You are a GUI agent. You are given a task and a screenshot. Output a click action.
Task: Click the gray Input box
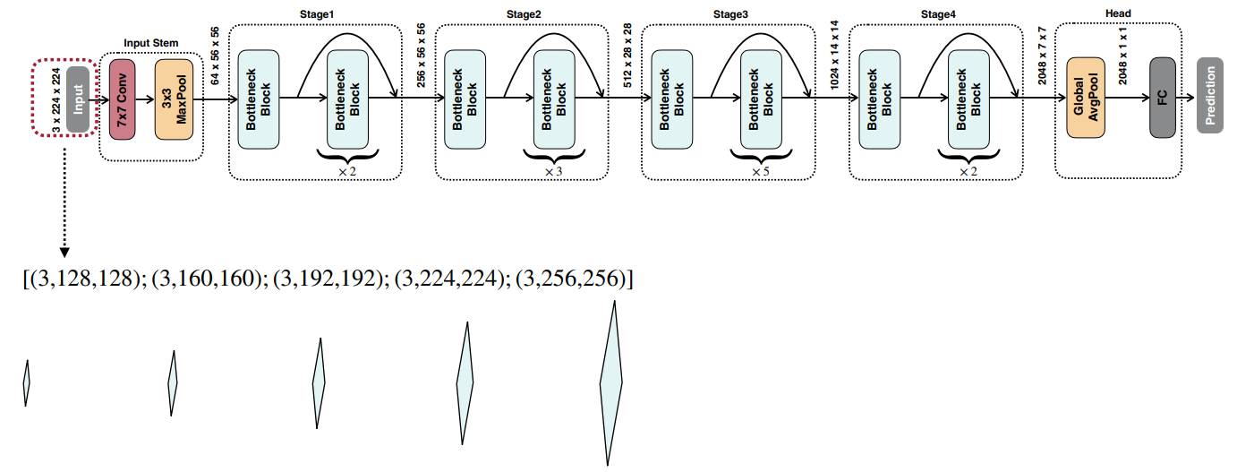78,99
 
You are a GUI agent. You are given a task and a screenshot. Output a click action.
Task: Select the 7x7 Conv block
121,99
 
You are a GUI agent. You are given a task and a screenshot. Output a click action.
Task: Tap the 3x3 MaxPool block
174,99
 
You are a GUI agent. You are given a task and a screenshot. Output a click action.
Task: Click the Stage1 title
315,14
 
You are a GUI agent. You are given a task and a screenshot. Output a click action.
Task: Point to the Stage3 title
729,14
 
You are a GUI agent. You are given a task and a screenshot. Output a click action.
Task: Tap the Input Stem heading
151,43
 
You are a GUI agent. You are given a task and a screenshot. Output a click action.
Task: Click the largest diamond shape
611,382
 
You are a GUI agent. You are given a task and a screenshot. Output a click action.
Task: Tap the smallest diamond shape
27,382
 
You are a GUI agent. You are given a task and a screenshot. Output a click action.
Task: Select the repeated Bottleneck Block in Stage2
554,99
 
